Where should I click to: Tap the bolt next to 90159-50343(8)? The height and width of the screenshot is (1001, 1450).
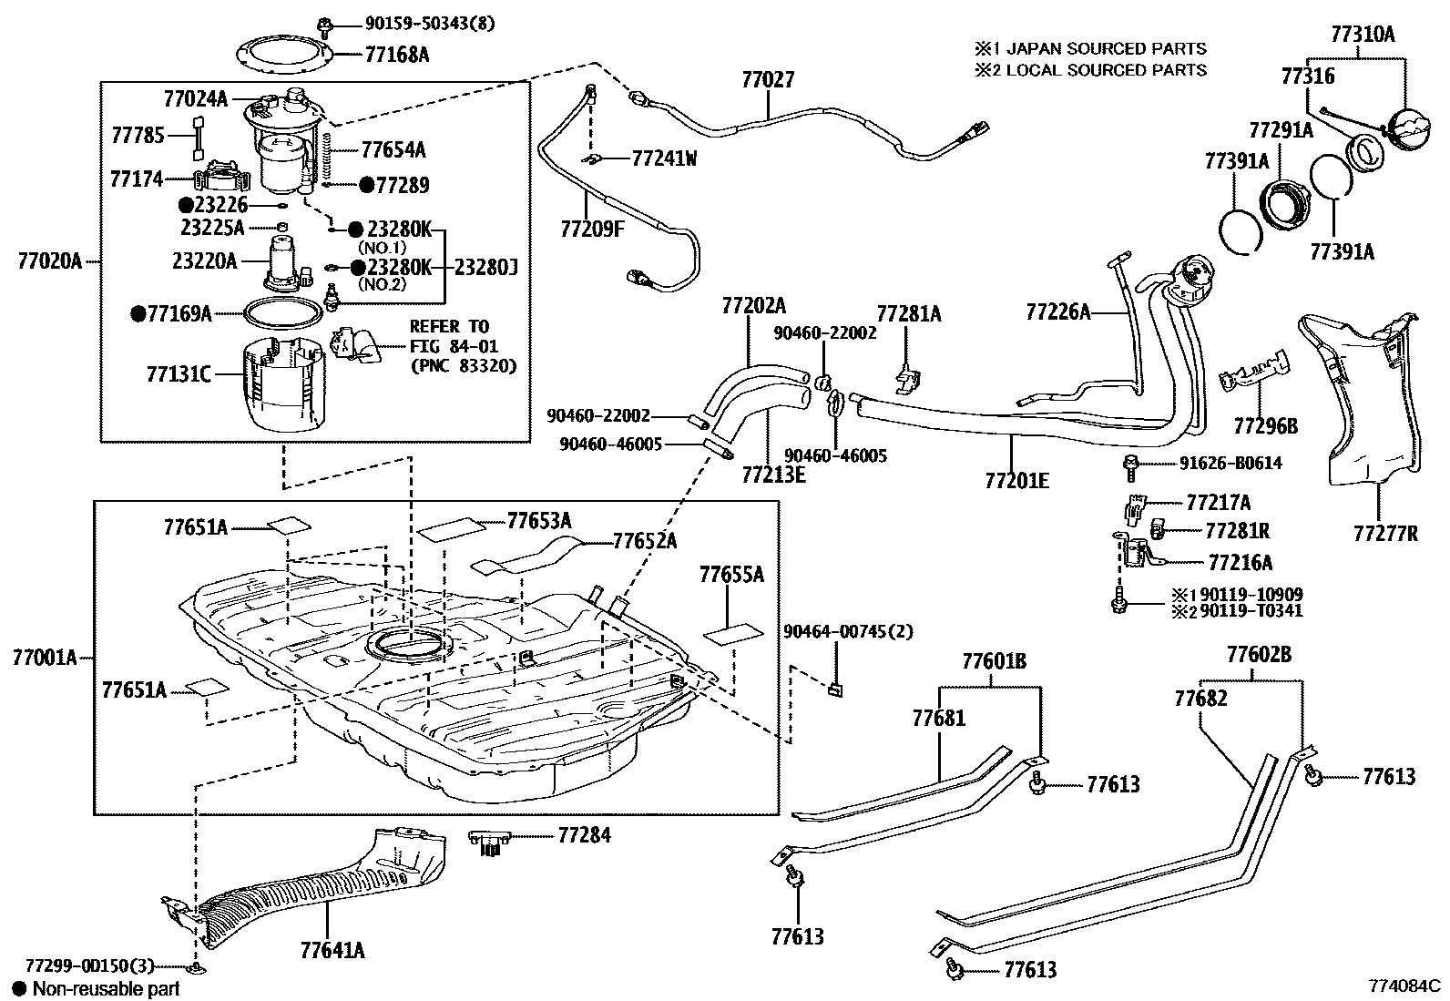click(323, 25)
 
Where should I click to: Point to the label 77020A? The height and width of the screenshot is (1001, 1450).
click(49, 262)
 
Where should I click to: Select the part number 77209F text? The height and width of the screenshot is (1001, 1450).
click(592, 229)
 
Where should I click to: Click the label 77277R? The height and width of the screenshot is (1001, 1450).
click(1384, 534)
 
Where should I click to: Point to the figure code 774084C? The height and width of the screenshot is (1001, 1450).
click(1404, 986)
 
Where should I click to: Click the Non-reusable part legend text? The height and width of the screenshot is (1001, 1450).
click(106, 988)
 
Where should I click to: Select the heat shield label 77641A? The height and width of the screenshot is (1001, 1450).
click(332, 951)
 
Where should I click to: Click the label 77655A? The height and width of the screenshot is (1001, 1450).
click(731, 575)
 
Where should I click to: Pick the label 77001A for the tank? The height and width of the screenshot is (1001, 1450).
click(46, 657)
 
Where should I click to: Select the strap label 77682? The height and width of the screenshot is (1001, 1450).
click(1200, 699)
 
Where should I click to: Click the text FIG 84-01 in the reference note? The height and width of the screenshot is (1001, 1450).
click(450, 346)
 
